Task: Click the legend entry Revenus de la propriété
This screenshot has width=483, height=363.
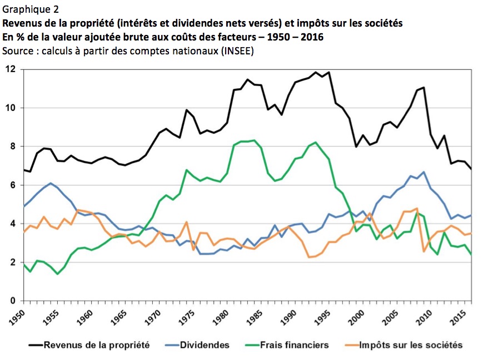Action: (x=97, y=345)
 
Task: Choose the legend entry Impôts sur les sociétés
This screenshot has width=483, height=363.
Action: (x=410, y=345)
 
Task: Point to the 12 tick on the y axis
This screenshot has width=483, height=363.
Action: (x=10, y=69)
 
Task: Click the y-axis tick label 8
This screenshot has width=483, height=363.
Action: (x=12, y=147)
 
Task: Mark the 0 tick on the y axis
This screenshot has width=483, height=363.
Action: (x=12, y=301)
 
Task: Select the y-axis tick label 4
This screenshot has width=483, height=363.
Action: (x=12, y=224)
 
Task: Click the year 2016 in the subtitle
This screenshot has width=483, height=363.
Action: (x=312, y=37)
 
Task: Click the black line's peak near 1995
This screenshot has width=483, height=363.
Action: (x=330, y=72)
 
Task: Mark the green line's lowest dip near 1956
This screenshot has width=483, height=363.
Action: (x=57, y=274)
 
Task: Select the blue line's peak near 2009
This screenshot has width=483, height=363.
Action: (x=424, y=172)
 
